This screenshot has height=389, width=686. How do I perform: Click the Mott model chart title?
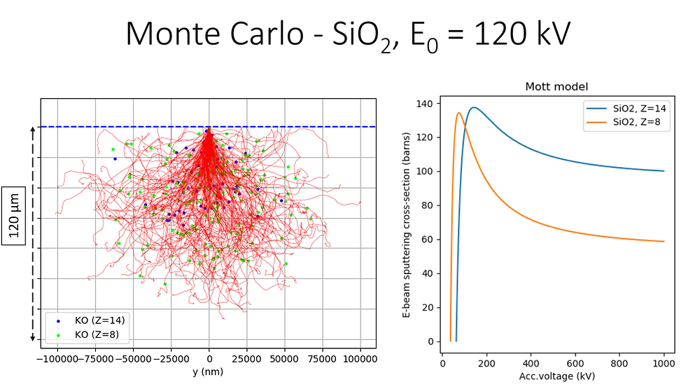click(556, 87)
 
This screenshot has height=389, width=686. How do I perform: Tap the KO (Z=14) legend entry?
click(95, 320)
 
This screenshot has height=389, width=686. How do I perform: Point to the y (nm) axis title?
click(208, 372)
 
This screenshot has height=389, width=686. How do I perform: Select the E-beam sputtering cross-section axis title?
click(407, 223)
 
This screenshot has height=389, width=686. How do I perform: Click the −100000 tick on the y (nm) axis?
click(58, 359)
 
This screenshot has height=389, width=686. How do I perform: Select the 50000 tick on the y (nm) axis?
click(285, 359)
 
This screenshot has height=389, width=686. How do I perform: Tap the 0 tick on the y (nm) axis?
click(209, 359)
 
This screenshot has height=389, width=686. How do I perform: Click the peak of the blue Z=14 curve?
click(474, 107)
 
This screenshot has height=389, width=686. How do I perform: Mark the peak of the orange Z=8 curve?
click(458, 113)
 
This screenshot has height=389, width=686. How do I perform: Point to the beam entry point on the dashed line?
click(209, 127)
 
